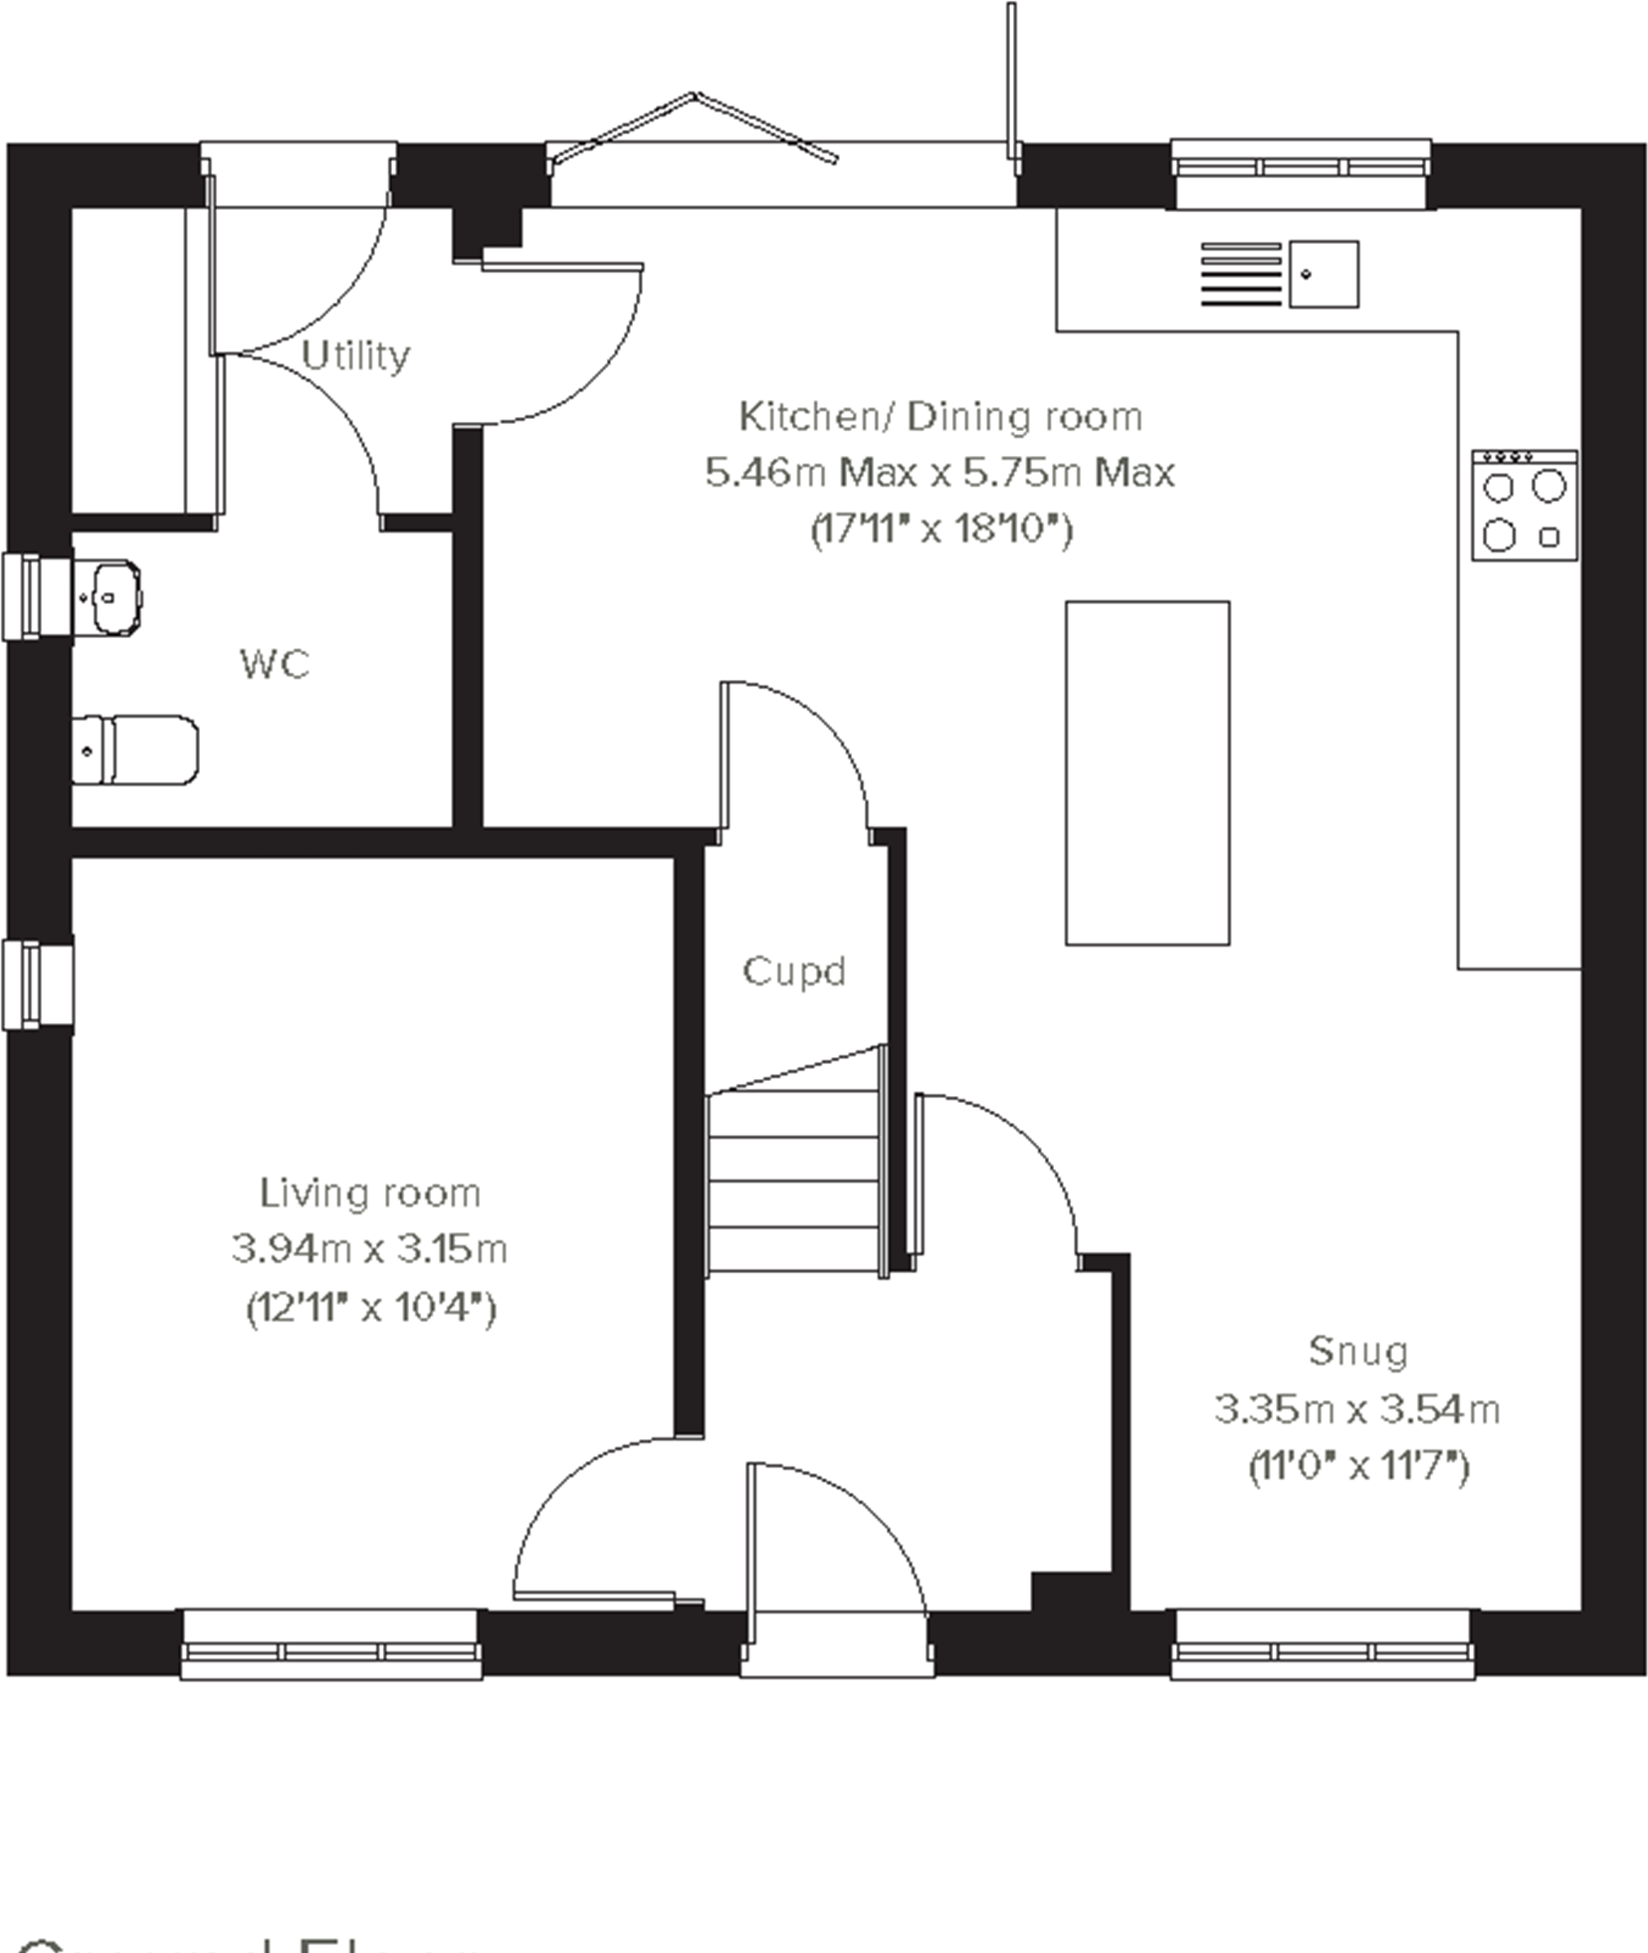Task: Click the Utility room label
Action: pyautogui.click(x=355, y=355)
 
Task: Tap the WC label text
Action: pyautogui.click(x=275, y=664)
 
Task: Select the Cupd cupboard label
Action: pyautogui.click(x=793, y=971)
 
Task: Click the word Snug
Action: pyautogui.click(x=1357, y=1351)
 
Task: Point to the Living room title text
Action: pyautogui.click(x=369, y=1193)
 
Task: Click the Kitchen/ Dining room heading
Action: pyautogui.click(x=939, y=416)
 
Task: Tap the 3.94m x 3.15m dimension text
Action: pyautogui.click(x=369, y=1248)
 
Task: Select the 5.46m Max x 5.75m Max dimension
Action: pyautogui.click(x=939, y=472)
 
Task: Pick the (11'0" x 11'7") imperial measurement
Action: pyautogui.click(x=1357, y=1466)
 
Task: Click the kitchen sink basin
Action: pyautogui.click(x=1323, y=274)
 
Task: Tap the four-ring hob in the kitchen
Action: pyautogui.click(x=1524, y=505)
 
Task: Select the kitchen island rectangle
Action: pyautogui.click(x=1146, y=772)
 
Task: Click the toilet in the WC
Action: pyautogui.click(x=134, y=750)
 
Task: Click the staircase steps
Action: pyautogui.click(x=794, y=1182)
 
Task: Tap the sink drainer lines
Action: pyautogui.click(x=1240, y=274)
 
